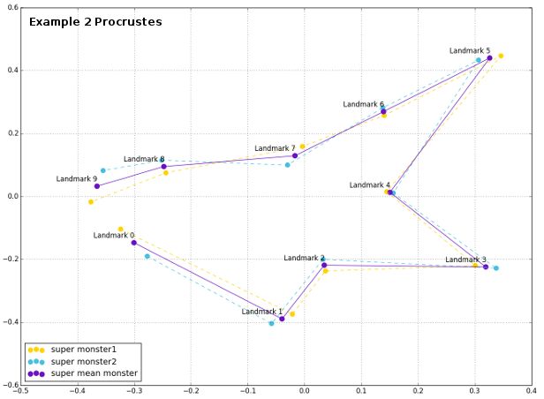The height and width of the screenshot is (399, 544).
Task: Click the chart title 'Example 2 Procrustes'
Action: point(95,21)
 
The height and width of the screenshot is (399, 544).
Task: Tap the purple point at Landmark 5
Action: point(489,58)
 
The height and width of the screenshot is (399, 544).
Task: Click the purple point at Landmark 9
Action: point(96,186)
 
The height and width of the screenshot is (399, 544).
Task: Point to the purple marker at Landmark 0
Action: point(133,243)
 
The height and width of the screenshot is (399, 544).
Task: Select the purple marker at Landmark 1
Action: point(282,319)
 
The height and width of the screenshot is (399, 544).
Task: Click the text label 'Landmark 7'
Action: point(275,147)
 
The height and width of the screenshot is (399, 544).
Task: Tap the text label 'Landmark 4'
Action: point(369,185)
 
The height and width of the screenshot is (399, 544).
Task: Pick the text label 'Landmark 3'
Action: point(465,260)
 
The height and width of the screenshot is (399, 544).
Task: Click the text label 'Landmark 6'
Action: point(363,104)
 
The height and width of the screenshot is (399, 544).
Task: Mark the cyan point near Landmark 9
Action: point(102,170)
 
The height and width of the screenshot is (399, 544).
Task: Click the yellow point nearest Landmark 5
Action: point(501,56)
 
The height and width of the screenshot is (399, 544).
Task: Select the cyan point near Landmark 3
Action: point(495,268)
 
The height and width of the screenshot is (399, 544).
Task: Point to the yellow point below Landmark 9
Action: point(90,202)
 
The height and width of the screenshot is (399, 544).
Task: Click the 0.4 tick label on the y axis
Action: point(10,71)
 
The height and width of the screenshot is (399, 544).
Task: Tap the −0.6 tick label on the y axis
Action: point(8,386)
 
